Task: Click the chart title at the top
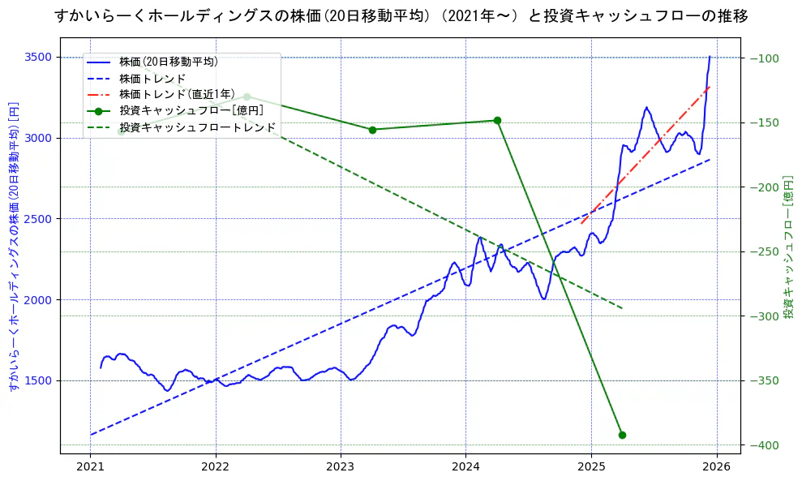[x=401, y=15]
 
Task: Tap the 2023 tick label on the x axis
[x=341, y=467]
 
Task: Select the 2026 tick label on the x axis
[x=716, y=467]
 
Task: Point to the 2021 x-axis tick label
[x=90, y=467]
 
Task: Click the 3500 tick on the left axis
[x=39, y=57]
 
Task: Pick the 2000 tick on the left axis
[x=39, y=300]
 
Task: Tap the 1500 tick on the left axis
[x=39, y=380]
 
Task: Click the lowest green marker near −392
[x=622, y=435]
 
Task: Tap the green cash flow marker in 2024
[x=497, y=120]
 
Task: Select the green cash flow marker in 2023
[x=372, y=130]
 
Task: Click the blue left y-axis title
[x=13, y=247]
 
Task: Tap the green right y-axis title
[x=788, y=247]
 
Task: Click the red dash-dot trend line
[x=649, y=153]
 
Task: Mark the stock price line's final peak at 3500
[x=710, y=57]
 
